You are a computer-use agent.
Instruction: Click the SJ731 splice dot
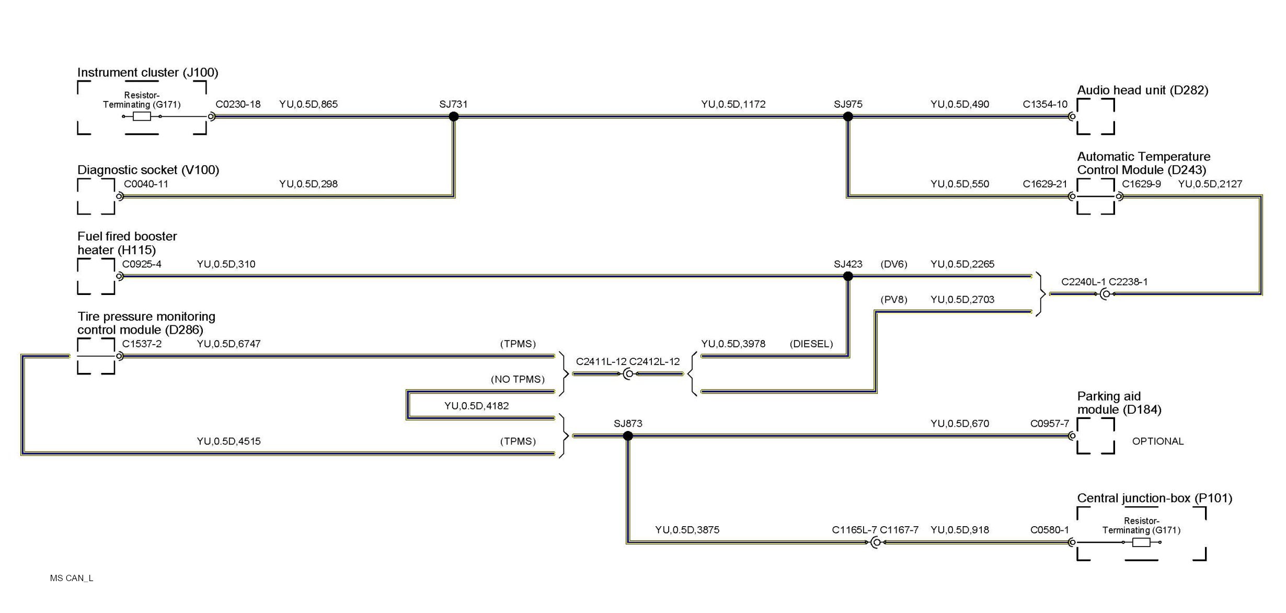[x=454, y=117]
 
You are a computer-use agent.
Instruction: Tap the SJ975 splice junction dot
[x=848, y=117]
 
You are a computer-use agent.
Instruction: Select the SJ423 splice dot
[x=848, y=276]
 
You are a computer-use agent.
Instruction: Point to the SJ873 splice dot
[x=628, y=436]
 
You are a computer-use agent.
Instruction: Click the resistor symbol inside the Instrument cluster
[x=142, y=117]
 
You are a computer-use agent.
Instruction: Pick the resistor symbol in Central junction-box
[x=1141, y=542]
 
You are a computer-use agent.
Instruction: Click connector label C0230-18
[x=238, y=104]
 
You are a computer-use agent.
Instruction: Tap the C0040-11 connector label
[x=146, y=184]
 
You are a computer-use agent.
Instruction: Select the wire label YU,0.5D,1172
[x=733, y=104]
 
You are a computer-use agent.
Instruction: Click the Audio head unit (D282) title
[x=1142, y=90]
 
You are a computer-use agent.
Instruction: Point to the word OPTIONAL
[x=1157, y=441]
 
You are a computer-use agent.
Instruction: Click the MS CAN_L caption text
[x=72, y=578]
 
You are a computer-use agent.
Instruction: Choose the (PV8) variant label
[x=893, y=300]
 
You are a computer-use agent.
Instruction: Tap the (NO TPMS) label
[x=517, y=379]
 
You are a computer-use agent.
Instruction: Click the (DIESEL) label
[x=811, y=344]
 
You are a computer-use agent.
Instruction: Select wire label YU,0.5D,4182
[x=476, y=406]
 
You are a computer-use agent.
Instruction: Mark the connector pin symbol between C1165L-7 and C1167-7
[x=876, y=543]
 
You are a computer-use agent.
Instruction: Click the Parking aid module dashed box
[x=1095, y=436]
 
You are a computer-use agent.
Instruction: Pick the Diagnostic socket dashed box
[x=96, y=197]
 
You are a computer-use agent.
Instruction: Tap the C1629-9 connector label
[x=1141, y=184]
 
